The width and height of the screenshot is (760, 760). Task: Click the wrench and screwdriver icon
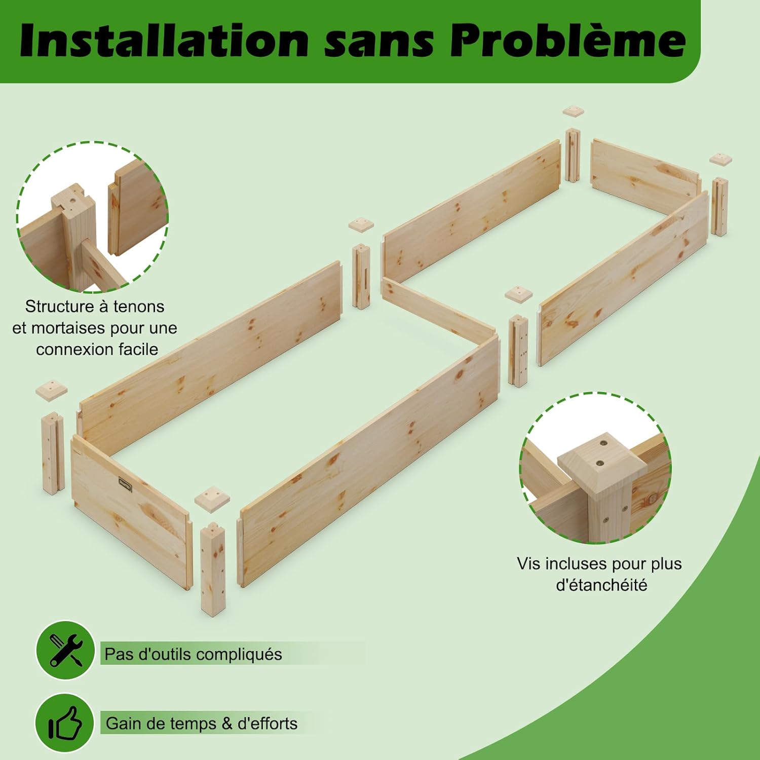click(x=65, y=651)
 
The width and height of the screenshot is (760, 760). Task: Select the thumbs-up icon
click(x=65, y=723)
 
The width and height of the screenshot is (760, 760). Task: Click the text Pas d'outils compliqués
click(x=193, y=654)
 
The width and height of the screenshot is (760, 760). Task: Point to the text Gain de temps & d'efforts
click(x=202, y=724)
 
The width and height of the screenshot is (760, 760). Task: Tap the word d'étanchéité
click(x=602, y=585)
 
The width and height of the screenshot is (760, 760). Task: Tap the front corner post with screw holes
click(x=213, y=568)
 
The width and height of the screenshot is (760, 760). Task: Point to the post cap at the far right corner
click(x=720, y=159)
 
